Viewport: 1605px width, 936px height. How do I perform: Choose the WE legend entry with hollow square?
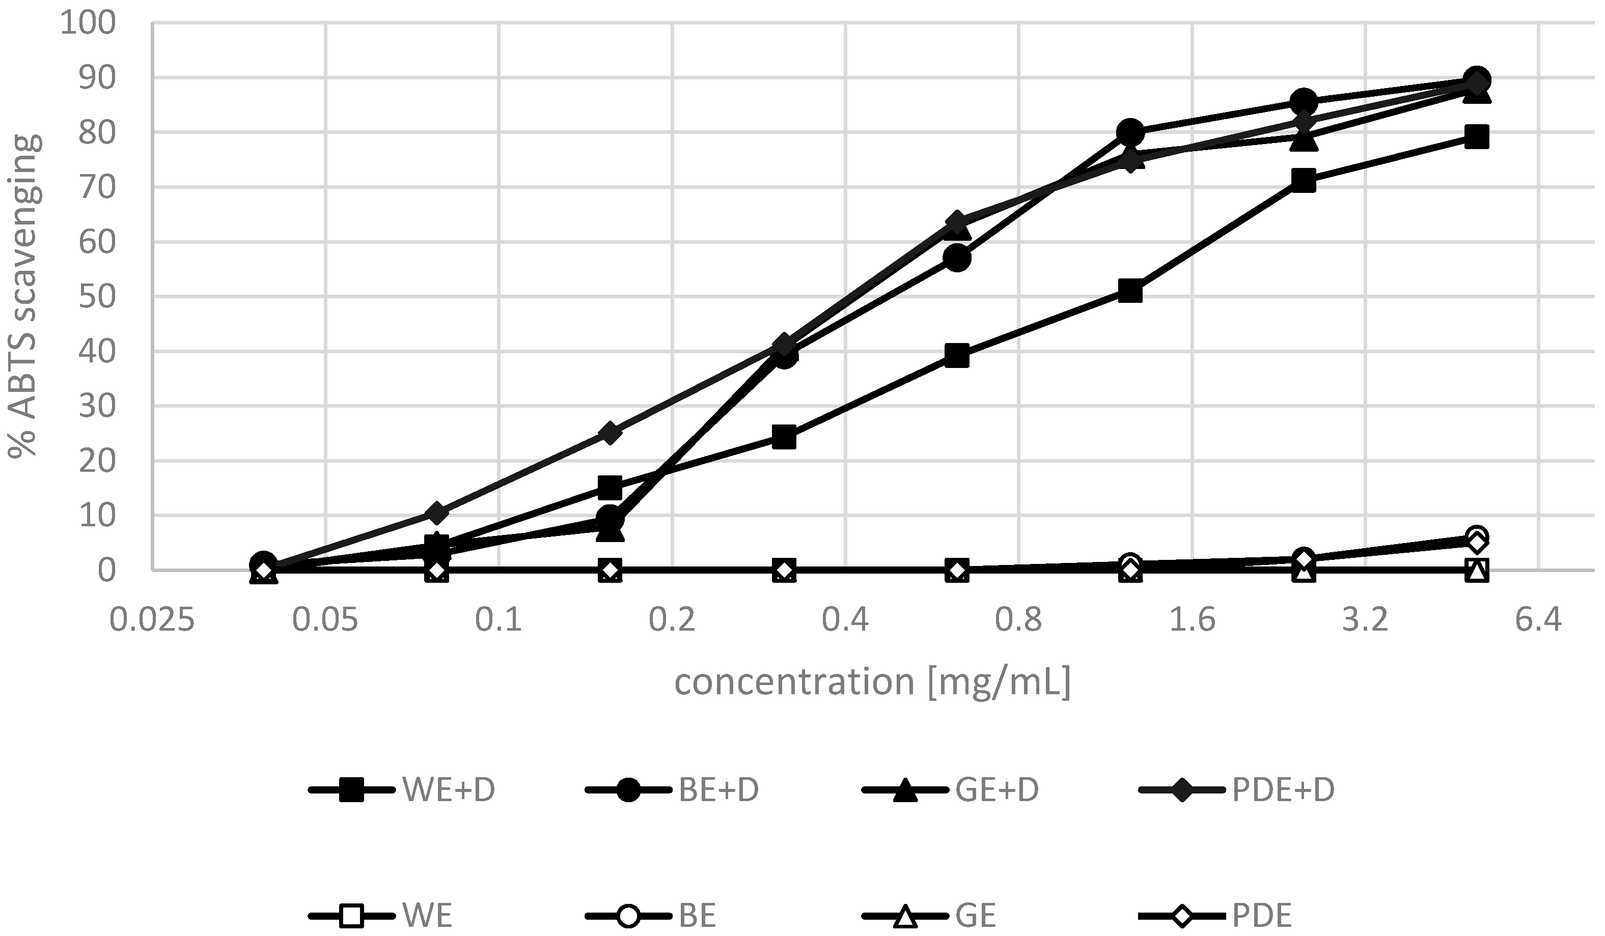(x=382, y=916)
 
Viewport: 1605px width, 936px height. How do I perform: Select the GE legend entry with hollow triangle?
(x=930, y=916)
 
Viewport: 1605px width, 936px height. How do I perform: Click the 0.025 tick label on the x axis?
(x=152, y=619)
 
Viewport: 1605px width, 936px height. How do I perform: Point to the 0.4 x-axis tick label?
(x=845, y=619)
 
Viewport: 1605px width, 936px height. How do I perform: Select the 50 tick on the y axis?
(x=97, y=297)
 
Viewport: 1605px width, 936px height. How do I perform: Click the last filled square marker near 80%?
(x=1476, y=137)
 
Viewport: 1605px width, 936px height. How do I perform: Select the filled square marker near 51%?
(x=1130, y=292)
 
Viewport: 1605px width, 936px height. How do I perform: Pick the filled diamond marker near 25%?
(x=610, y=433)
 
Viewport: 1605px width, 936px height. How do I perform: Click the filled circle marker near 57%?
(x=957, y=258)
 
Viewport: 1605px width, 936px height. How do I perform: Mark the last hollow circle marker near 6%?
(x=1476, y=535)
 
